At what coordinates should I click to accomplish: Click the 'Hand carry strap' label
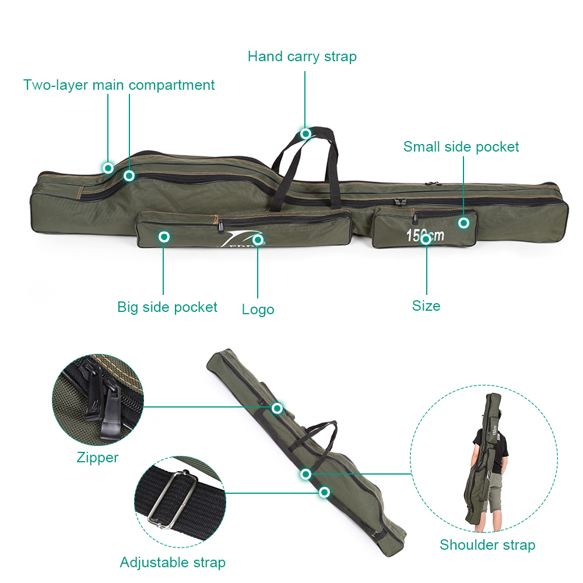301,57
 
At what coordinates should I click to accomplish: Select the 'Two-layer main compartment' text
119,85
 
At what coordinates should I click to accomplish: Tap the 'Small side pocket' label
461,146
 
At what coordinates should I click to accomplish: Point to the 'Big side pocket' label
167,307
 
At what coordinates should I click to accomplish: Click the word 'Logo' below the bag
258,310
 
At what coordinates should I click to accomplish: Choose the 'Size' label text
426,306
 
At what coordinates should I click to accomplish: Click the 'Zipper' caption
97,458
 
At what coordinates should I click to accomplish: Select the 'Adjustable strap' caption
173,563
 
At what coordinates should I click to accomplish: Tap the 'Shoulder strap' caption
487,545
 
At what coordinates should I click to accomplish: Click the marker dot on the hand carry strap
305,134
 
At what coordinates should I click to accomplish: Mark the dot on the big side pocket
164,237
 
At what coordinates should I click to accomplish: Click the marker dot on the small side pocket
463,223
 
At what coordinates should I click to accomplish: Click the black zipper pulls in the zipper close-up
102,399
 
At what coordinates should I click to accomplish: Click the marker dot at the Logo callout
258,240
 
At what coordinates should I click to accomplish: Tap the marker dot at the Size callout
426,239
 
